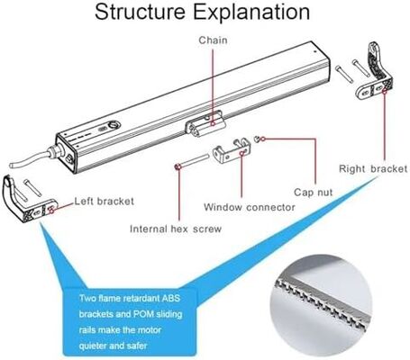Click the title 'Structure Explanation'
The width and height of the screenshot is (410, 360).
205,13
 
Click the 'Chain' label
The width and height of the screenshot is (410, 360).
214,40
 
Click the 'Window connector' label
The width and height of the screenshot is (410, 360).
249,207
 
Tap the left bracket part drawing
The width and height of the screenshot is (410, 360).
27,202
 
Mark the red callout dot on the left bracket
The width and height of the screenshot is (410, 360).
56,207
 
